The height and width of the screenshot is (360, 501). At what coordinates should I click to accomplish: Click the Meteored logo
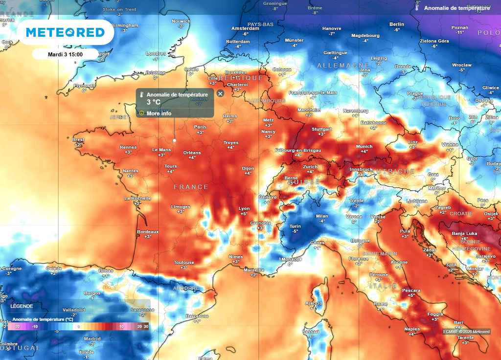pyautogui.click(x=65, y=32)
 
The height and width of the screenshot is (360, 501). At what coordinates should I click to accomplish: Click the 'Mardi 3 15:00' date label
pyautogui.click(x=65, y=54)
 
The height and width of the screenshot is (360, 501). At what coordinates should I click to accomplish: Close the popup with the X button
pyautogui.click(x=220, y=93)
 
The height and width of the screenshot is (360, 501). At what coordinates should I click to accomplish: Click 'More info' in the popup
pyautogui.click(x=159, y=113)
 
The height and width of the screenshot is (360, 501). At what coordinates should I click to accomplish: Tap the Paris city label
pyautogui.click(x=200, y=127)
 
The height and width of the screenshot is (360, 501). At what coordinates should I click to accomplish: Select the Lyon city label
pyautogui.click(x=244, y=209)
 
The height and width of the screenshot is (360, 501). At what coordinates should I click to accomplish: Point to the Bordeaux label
pyautogui.click(x=147, y=232)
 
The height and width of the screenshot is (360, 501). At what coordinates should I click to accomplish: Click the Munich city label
pyautogui.click(x=364, y=146)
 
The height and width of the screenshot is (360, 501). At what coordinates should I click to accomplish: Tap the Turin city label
pyautogui.click(x=295, y=226)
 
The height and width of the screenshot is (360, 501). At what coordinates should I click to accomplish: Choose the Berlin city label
pyautogui.click(x=397, y=24)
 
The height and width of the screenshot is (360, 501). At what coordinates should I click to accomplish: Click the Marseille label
pyautogui.click(x=254, y=270)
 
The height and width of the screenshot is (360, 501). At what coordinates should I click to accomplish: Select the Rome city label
pyautogui.click(x=381, y=304)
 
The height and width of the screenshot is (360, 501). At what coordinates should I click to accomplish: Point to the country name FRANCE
pyautogui.click(x=191, y=187)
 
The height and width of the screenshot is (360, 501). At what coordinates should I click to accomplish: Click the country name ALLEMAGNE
pyautogui.click(x=343, y=65)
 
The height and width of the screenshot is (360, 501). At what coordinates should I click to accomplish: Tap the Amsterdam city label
pyautogui.click(x=245, y=28)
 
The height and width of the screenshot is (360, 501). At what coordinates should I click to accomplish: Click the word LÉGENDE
pyautogui.click(x=22, y=306)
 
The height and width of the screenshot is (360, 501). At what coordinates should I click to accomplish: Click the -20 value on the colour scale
pyautogui.click(x=17, y=326)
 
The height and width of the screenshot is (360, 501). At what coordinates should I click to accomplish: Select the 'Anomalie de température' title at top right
pyautogui.click(x=456, y=8)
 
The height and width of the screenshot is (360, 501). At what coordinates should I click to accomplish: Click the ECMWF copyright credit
pyautogui.click(x=466, y=332)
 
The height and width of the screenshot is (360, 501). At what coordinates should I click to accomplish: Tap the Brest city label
pyautogui.click(x=78, y=140)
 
